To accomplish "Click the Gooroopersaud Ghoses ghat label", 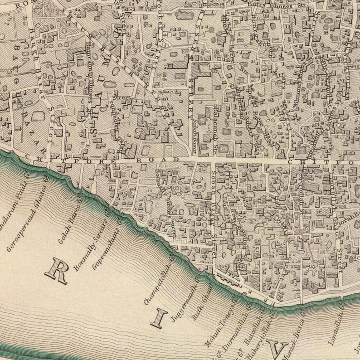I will point(28,218).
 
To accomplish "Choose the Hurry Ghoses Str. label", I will point(275,6).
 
